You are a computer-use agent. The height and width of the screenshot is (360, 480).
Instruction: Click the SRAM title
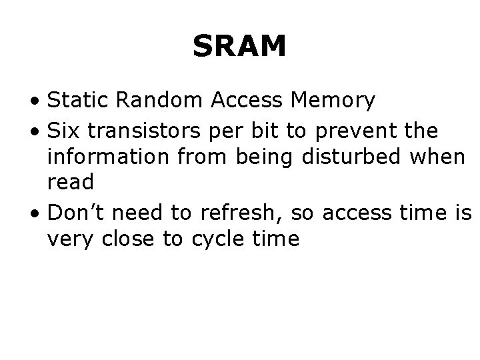click(x=239, y=47)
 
